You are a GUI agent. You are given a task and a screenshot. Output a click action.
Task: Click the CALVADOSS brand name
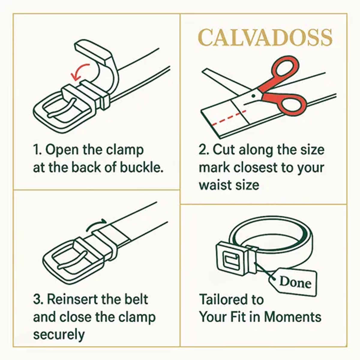coord(265,38)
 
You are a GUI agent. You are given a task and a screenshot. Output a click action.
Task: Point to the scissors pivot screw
coord(253,96)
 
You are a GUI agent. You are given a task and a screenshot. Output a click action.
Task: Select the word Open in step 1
coord(62,150)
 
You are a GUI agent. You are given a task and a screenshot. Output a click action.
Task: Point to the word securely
coord(59,334)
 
